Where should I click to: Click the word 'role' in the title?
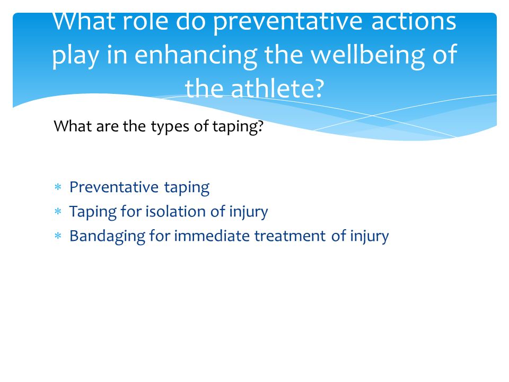pyautogui.click(x=145, y=22)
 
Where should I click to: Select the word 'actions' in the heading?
pyautogui.click(x=414, y=22)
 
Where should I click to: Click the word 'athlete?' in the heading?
pyautogui.click(x=277, y=89)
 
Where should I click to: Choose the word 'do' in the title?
pyautogui.click(x=191, y=22)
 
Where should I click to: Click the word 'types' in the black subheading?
pyautogui.click(x=170, y=126)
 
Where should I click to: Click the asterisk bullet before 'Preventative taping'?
pyautogui.click(x=58, y=187)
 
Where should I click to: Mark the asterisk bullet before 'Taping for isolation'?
pyautogui.click(x=58, y=212)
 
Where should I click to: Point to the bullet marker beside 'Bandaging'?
pyautogui.click(x=58, y=236)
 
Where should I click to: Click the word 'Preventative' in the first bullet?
pyautogui.click(x=114, y=187)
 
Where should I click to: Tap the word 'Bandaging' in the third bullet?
pyautogui.click(x=107, y=237)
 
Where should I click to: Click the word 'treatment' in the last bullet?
pyautogui.click(x=290, y=236)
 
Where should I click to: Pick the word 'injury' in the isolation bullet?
pyautogui.click(x=249, y=212)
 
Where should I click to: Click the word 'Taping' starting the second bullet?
pyautogui.click(x=93, y=212)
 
